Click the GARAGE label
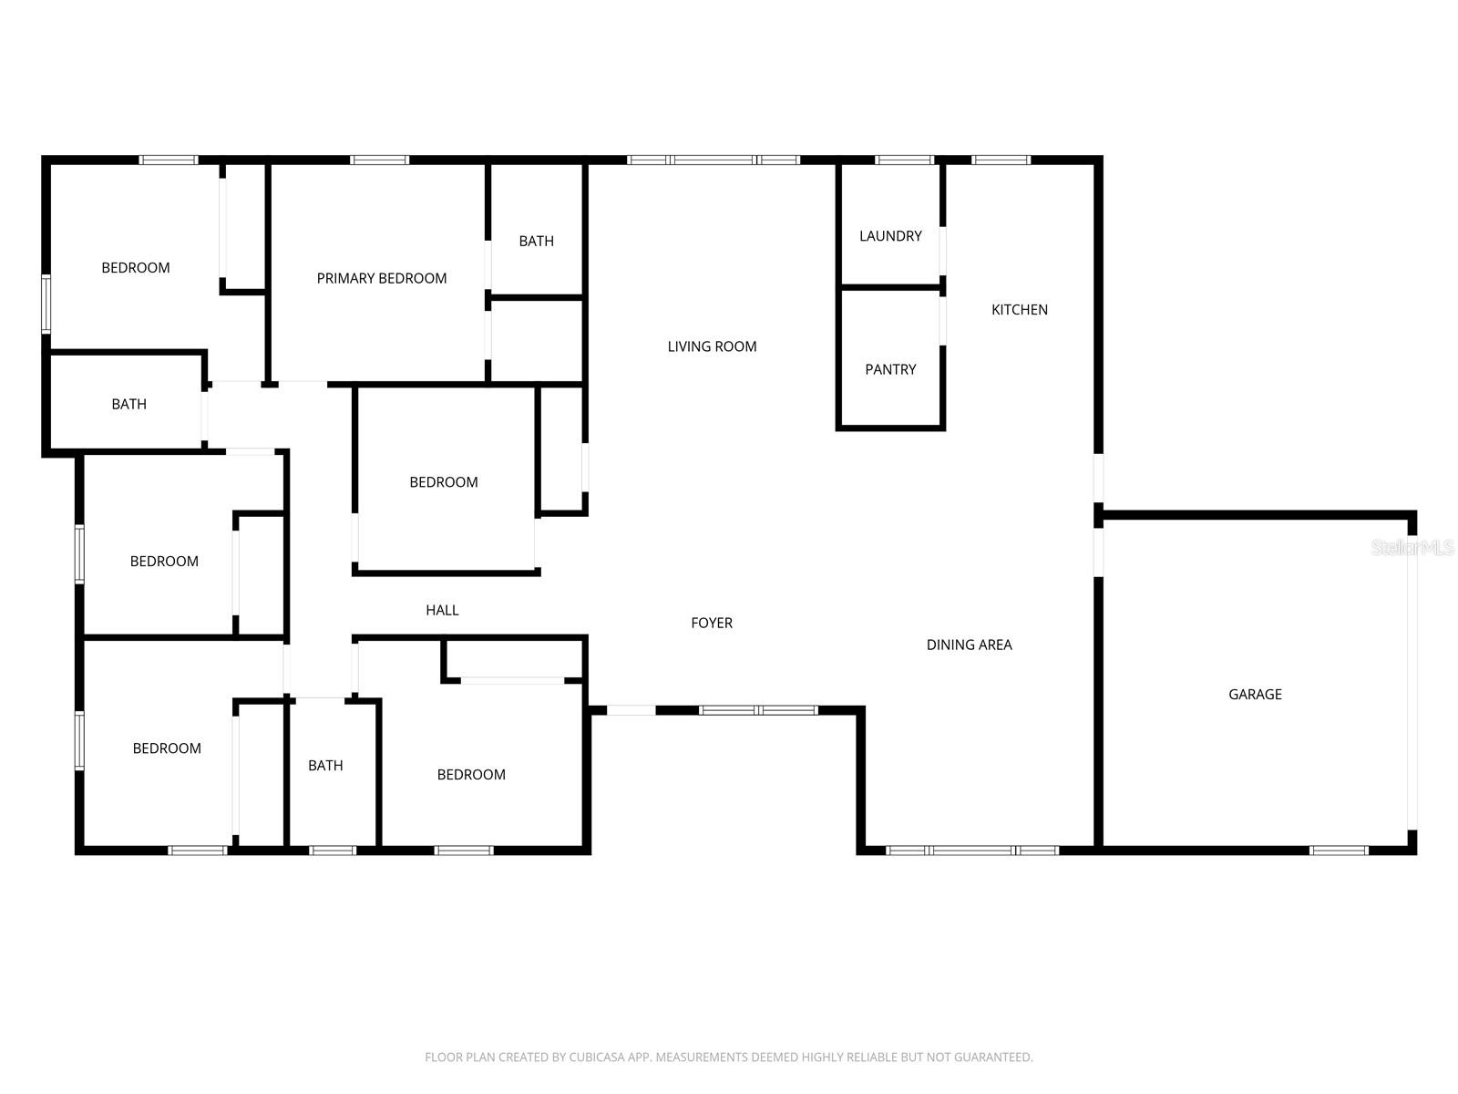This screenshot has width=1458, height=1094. point(1255,695)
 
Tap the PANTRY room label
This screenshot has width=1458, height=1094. point(890,370)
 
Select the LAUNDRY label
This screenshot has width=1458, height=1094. point(890,236)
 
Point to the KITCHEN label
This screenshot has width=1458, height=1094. point(1019,310)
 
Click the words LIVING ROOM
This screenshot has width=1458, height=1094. point(712,346)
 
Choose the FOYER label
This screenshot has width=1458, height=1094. point(712,624)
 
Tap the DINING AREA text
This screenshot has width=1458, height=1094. point(969,645)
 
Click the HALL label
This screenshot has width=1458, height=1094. point(442,611)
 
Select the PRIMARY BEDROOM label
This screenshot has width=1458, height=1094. point(381,279)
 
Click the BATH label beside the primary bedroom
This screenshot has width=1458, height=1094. point(536,242)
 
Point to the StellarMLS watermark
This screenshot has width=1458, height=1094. point(1412,548)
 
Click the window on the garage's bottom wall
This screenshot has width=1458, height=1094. point(1338,851)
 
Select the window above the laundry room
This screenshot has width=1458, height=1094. point(904,160)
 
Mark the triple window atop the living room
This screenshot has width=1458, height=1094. point(714,160)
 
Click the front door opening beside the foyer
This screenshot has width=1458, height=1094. point(631,710)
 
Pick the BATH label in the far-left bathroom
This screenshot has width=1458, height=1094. point(128,405)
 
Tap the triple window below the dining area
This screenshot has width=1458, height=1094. point(972,851)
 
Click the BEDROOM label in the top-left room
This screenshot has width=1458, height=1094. point(135,268)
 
